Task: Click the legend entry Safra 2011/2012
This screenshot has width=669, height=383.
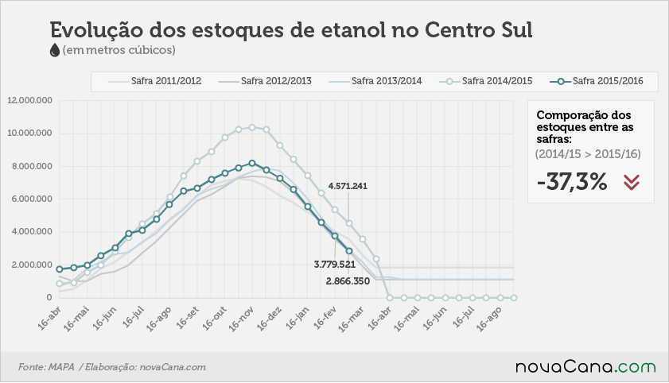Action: click(x=154, y=81)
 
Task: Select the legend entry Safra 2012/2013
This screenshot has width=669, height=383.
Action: click(x=265, y=81)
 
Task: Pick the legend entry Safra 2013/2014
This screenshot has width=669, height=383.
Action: click(x=375, y=81)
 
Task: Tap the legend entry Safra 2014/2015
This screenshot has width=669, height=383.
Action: click(x=486, y=81)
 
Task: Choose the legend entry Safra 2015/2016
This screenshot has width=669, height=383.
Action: click(x=597, y=81)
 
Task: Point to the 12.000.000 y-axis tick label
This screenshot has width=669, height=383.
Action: click(x=30, y=101)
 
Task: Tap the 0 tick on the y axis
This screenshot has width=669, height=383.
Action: click(x=49, y=297)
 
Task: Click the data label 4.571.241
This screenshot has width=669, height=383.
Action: click(x=348, y=186)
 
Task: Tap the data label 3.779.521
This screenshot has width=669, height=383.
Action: click(x=334, y=265)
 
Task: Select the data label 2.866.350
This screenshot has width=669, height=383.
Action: click(x=348, y=281)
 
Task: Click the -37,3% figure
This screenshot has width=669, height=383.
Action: click(x=572, y=182)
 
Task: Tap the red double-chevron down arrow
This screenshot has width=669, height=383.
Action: click(x=632, y=182)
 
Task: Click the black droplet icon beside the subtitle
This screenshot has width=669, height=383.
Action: click(x=55, y=50)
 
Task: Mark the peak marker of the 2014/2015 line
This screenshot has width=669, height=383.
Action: click(x=252, y=127)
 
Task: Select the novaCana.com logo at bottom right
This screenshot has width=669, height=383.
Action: click(x=585, y=366)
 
